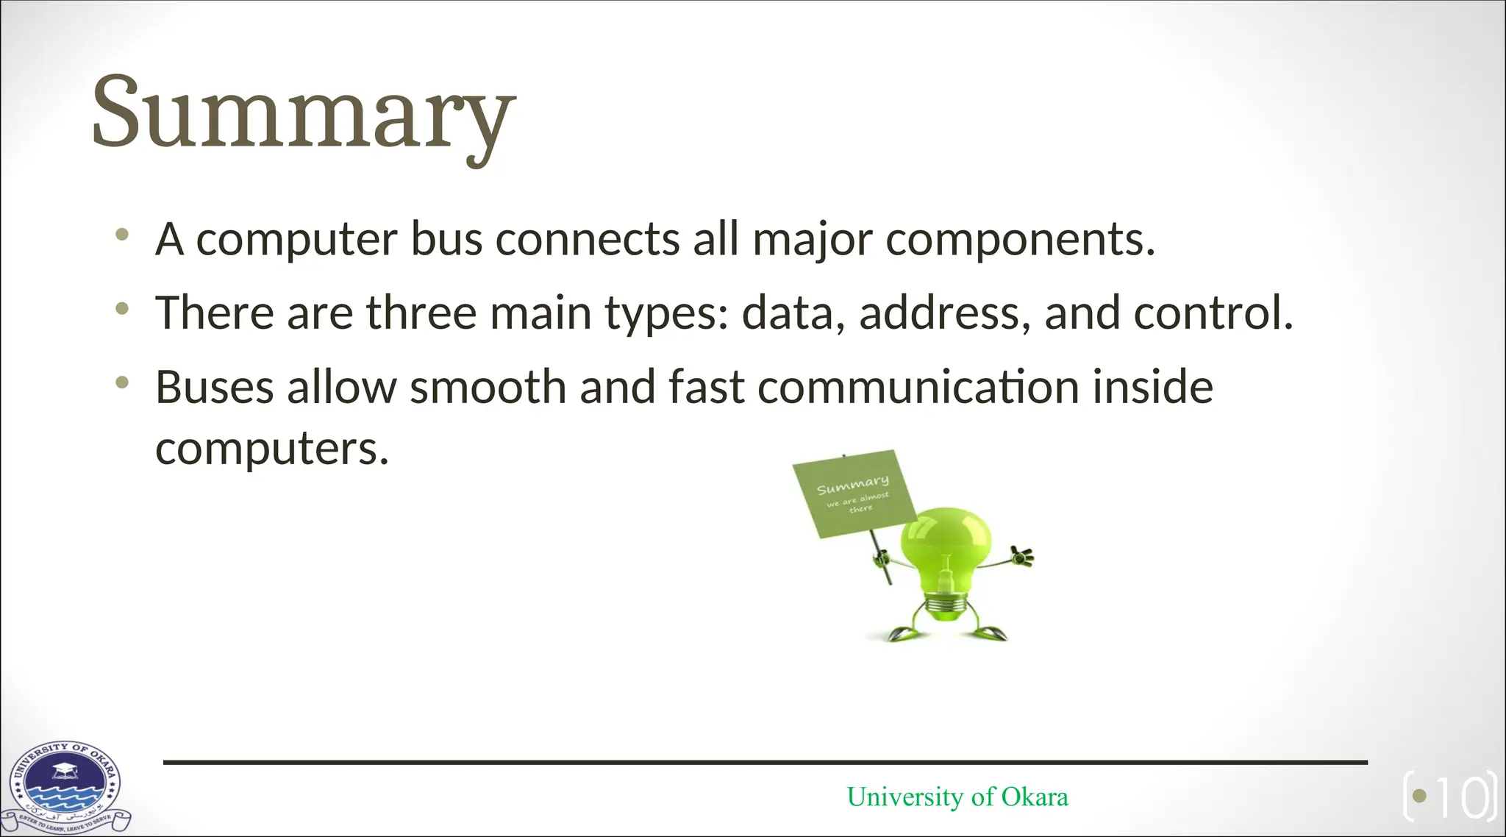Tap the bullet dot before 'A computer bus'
pyautogui.click(x=122, y=236)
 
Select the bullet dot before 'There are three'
pyautogui.click(x=122, y=310)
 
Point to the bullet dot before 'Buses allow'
pyautogui.click(x=122, y=383)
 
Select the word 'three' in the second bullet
pyautogui.click(x=421, y=313)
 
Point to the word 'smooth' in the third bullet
pyautogui.click(x=488, y=387)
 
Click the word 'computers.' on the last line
pyautogui.click(x=271, y=448)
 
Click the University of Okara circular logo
pyautogui.click(x=65, y=786)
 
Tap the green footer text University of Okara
pyautogui.click(x=957, y=797)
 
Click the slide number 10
pyautogui.click(x=1463, y=797)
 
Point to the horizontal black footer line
pyautogui.click(x=765, y=763)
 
